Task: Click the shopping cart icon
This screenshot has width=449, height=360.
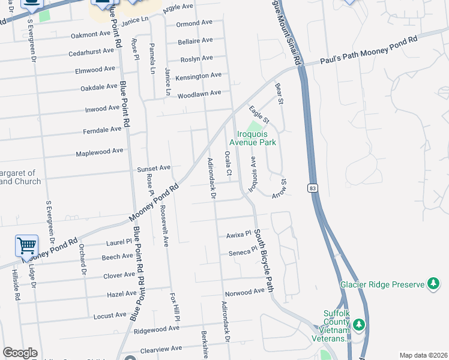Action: coord(26,245)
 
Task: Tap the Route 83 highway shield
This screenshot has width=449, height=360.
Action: coord(313,188)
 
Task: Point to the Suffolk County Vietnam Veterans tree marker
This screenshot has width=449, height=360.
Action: coord(359,325)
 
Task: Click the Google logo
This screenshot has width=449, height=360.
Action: coord(20,353)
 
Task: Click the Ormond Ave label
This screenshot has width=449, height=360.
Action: coord(194,24)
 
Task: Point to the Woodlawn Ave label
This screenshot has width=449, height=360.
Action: coord(199,93)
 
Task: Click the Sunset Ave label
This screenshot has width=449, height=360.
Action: coord(154,169)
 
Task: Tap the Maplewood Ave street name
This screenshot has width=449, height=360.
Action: coord(99,152)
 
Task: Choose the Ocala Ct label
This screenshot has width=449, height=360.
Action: coord(228,164)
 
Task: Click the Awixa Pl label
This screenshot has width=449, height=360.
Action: coord(238,235)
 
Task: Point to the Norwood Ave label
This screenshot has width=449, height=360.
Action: coord(244,292)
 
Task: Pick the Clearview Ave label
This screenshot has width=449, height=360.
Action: coord(160,348)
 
